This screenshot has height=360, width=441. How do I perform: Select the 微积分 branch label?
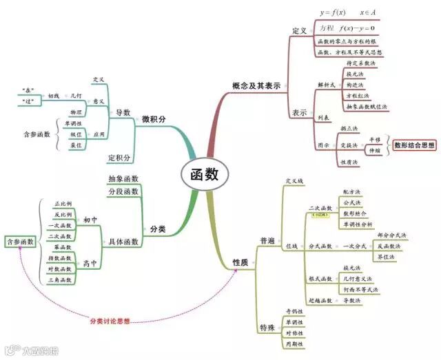coord(154,119)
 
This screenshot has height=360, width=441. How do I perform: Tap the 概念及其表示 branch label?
coord(256,87)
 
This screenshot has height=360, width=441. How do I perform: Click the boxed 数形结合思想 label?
coord(414,145)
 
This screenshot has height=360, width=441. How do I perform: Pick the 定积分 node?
coord(120,158)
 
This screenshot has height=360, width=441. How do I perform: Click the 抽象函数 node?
coord(123,179)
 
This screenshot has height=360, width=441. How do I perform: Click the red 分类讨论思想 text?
coord(110,321)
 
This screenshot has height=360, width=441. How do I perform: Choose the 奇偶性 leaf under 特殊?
coord(294,311)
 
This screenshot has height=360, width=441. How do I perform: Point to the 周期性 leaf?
coord(294,343)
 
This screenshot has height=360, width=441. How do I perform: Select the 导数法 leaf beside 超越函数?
coord(352,301)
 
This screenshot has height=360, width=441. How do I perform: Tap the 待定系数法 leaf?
coord(360,63)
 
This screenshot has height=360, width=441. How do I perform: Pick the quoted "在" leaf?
coord(28,89)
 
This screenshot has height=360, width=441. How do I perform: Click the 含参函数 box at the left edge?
coord(20,242)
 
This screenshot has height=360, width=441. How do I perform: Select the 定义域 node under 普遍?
coord(294,181)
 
